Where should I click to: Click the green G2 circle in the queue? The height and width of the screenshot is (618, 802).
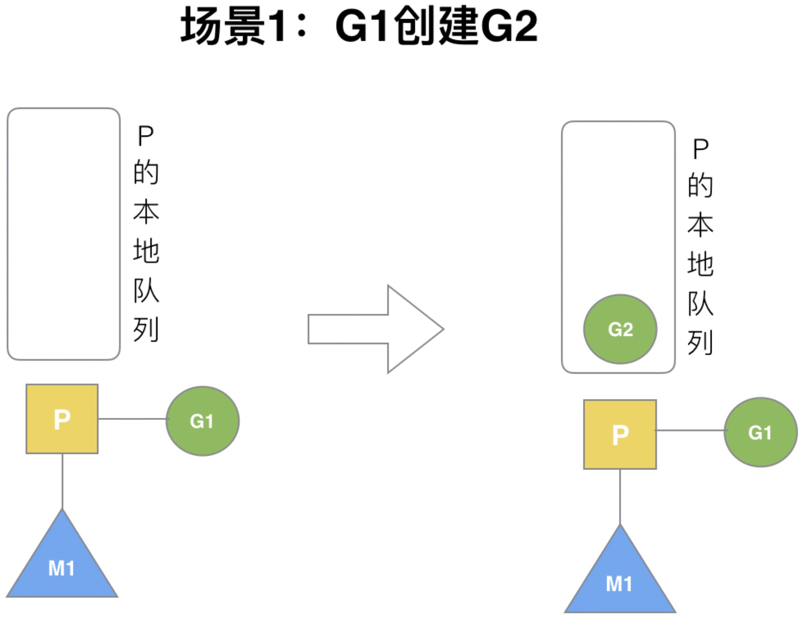(x=620, y=329)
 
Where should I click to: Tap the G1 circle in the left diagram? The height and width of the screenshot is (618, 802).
(x=202, y=421)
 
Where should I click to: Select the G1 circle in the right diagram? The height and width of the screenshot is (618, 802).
(x=760, y=432)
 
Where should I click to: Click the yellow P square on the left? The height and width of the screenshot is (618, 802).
(x=62, y=419)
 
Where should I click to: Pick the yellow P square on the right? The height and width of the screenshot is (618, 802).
(x=620, y=434)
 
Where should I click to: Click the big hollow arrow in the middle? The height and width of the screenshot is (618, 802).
(x=376, y=329)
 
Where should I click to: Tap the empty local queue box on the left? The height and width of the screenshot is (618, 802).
(x=63, y=234)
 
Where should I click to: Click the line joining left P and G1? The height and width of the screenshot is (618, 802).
(x=132, y=419)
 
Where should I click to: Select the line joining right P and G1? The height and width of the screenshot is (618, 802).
(x=690, y=430)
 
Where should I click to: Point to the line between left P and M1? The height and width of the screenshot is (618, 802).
(x=62, y=481)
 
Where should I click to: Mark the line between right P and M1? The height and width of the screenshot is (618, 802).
(x=620, y=497)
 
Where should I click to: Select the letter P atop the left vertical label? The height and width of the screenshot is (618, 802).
(x=146, y=136)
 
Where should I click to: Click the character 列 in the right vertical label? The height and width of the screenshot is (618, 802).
(x=700, y=342)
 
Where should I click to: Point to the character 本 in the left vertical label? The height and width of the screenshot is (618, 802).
(x=146, y=212)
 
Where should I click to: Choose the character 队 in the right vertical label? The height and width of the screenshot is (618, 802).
(x=700, y=303)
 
